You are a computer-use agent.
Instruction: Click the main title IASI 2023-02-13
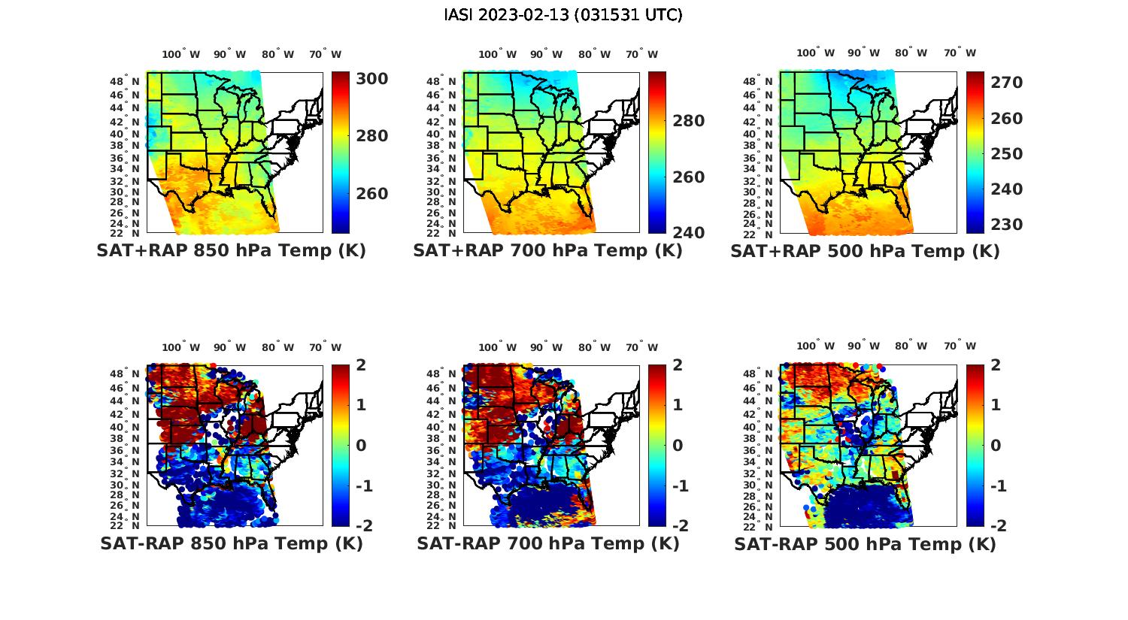point(563,15)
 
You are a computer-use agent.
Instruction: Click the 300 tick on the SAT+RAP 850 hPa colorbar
point(371,79)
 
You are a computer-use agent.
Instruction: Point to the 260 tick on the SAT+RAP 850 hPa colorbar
point(371,194)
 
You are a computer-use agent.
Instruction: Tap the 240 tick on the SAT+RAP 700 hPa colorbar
point(689,233)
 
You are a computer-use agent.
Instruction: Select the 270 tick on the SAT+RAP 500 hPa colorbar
point(1006,83)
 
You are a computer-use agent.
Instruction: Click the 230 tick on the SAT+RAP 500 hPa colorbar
point(1006,224)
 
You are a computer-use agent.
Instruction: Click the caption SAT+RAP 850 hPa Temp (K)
point(231,251)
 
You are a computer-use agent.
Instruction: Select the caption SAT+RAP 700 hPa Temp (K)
point(547,251)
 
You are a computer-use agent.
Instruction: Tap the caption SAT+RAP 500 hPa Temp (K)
point(865,251)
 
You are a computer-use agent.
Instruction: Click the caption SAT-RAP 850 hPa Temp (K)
point(231,543)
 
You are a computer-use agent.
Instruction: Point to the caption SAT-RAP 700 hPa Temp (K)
point(547,543)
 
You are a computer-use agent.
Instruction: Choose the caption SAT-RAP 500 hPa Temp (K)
point(865,543)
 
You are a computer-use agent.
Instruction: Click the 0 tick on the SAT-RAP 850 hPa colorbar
point(361,446)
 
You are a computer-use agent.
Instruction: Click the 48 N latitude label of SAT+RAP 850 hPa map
point(125,81)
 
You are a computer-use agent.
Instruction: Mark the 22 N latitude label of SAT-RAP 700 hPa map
point(441,525)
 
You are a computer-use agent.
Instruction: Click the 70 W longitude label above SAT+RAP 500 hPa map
point(960,53)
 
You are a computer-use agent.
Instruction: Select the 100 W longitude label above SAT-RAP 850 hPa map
point(181,347)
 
